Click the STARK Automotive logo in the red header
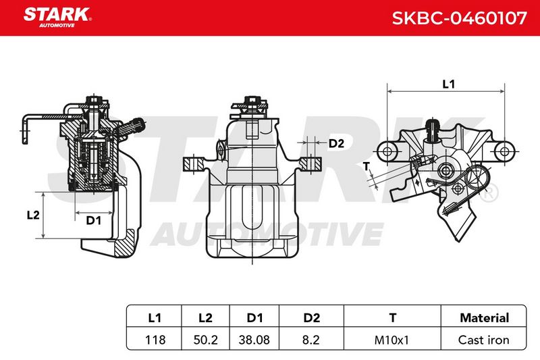pos(57,18)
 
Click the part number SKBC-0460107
pos(460,18)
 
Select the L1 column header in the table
pos(155,317)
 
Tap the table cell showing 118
pos(155,340)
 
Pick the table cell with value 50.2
pos(206,340)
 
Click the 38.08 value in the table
pos(254,340)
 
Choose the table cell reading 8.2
pos(311,340)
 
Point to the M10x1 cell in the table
pos(391,340)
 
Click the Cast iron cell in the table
pos(484,340)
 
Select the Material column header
pos(484,317)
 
